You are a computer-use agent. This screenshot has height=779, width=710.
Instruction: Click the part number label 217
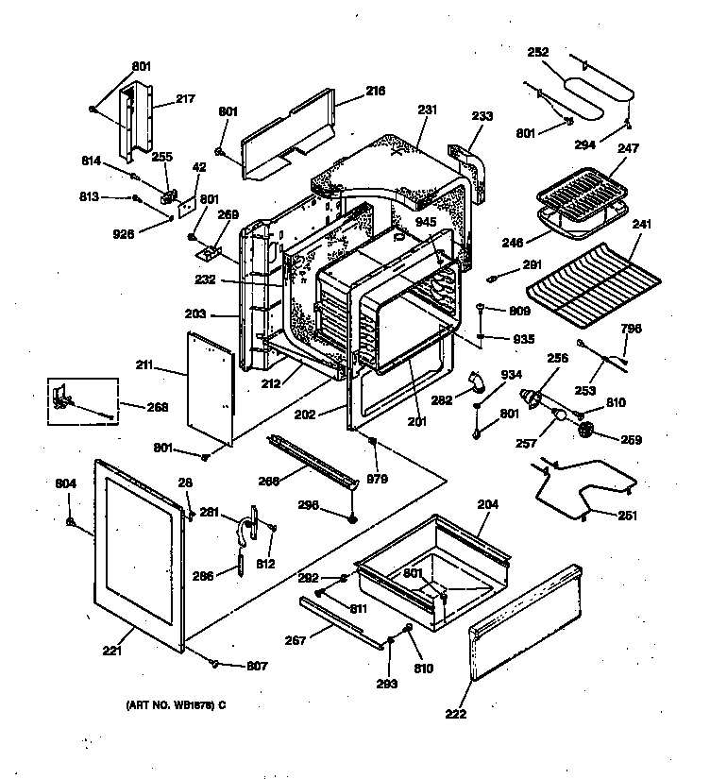click(x=185, y=97)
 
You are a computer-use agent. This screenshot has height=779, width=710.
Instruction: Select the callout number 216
click(x=376, y=92)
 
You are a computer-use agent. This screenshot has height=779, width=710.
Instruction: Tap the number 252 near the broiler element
click(x=538, y=53)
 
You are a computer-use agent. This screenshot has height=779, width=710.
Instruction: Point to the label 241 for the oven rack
click(x=642, y=225)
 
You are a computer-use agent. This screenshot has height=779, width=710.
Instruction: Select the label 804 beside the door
click(x=65, y=484)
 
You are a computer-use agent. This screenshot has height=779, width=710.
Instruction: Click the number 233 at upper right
click(x=482, y=116)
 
